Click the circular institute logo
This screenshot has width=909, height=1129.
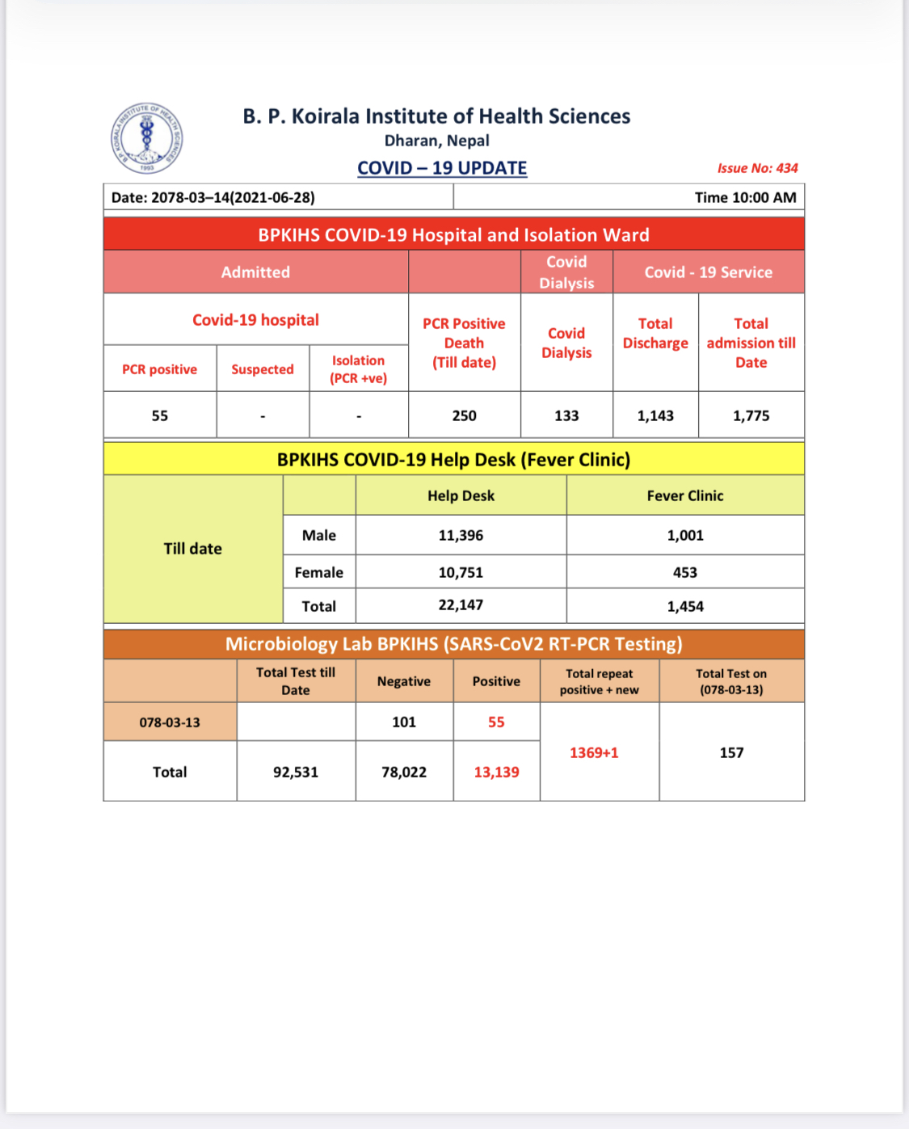click(146, 138)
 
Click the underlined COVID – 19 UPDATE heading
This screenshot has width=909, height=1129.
click(442, 168)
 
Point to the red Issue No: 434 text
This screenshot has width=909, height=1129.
click(757, 168)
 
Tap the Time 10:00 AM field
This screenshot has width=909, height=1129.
click(745, 197)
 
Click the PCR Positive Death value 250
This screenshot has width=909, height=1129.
click(464, 415)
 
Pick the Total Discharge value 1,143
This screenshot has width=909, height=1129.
click(655, 415)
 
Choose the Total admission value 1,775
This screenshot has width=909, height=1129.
click(751, 415)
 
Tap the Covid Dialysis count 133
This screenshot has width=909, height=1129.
click(566, 415)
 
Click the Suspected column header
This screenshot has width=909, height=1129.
click(263, 369)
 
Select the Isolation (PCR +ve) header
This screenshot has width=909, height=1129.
click(359, 369)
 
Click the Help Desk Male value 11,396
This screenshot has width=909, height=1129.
click(461, 535)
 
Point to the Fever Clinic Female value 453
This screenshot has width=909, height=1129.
click(685, 572)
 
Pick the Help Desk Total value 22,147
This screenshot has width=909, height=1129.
click(461, 605)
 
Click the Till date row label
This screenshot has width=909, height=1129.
click(192, 549)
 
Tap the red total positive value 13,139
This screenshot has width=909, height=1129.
click(496, 772)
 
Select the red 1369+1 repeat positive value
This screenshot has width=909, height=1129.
click(594, 752)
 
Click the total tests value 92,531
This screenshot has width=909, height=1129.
click(296, 772)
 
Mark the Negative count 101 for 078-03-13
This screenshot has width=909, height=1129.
click(404, 722)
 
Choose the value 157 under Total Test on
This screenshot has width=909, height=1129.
click(731, 752)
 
